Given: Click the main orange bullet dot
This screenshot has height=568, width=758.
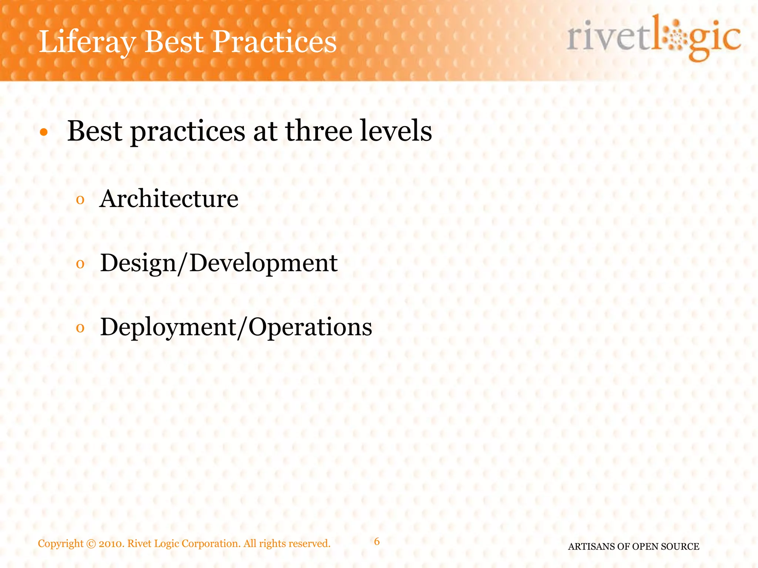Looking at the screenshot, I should coord(44,132).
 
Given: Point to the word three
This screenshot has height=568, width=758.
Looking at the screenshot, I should coord(319,131).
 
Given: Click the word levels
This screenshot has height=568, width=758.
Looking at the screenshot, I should coord(396,131).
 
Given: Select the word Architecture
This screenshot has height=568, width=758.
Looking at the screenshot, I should coord(169,199).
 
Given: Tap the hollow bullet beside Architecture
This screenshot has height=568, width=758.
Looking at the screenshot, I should coord(80,200).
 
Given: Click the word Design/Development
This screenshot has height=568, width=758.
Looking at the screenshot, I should coord(218,263).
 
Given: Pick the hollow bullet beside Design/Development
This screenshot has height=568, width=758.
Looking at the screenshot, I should coord(80,264).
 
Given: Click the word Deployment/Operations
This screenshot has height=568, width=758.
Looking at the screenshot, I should coord(236,327).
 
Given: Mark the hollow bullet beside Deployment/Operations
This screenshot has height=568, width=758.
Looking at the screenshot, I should coord(80,328).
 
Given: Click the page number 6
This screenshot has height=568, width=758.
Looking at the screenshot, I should coord(377,541).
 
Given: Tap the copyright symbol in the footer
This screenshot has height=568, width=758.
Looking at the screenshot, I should coord(91,544).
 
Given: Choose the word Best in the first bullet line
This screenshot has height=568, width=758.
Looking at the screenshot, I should coord(95,131).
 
